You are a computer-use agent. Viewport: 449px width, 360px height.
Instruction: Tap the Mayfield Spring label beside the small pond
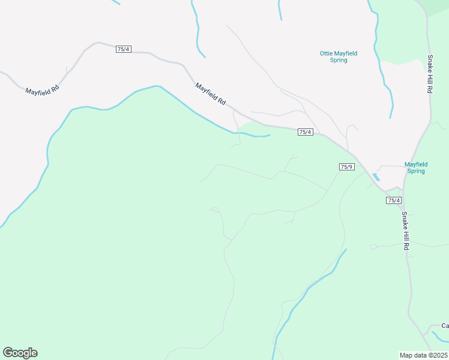[x=416, y=167]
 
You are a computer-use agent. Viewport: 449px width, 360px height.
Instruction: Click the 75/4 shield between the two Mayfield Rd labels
[x=123, y=49]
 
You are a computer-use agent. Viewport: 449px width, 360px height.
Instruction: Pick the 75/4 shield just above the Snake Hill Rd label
[x=394, y=200]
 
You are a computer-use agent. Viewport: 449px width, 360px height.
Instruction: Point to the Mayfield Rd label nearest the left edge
[x=42, y=90]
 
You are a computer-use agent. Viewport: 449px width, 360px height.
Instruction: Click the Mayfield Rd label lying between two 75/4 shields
[x=211, y=94]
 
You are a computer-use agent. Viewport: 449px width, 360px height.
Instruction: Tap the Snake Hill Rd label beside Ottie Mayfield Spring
[x=430, y=74]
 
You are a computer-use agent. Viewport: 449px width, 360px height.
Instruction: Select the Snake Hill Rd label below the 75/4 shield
[x=406, y=231]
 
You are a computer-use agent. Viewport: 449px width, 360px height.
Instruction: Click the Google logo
[x=20, y=353]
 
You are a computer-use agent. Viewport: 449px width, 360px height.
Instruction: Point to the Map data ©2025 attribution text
[x=424, y=355]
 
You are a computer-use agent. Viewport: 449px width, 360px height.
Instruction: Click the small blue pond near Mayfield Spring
[x=376, y=177]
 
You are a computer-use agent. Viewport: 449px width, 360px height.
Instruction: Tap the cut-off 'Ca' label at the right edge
[x=445, y=326]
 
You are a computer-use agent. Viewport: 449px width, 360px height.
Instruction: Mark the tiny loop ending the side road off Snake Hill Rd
[x=373, y=247]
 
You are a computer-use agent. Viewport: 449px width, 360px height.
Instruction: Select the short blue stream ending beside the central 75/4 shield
[x=252, y=135]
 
